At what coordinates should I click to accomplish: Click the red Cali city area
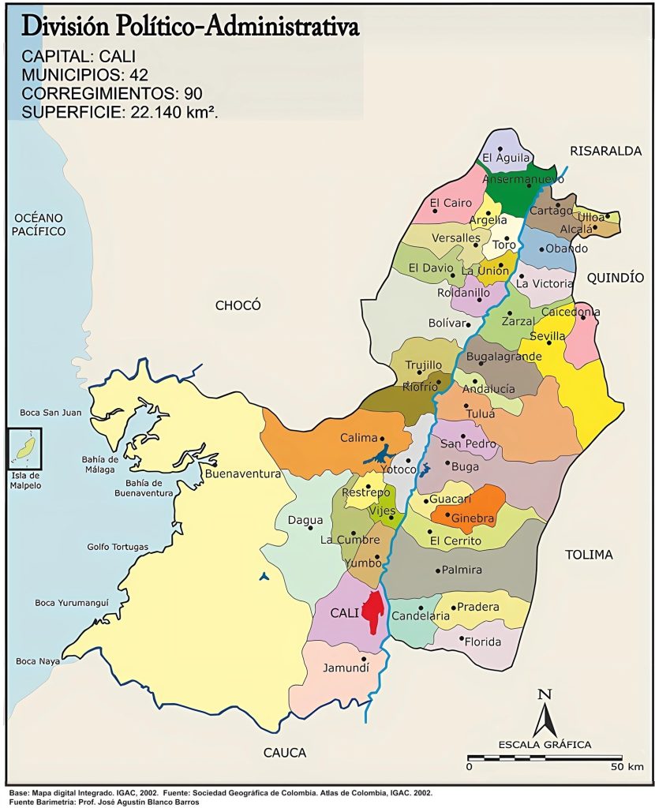pyautogui.click(x=373, y=612)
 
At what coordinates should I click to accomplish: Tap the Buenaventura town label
pyautogui.click(x=242, y=474)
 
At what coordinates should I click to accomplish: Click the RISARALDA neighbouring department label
pyautogui.click(x=606, y=151)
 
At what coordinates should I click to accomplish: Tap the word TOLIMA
pyautogui.click(x=588, y=555)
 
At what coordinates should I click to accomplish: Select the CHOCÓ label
pyautogui.click(x=238, y=305)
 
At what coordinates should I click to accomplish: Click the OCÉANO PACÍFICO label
pyautogui.click(x=39, y=224)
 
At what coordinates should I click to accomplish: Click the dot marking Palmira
pyautogui.click(x=438, y=570)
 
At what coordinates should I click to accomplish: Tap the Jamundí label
pyautogui.click(x=346, y=668)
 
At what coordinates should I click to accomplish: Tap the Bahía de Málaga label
pyautogui.click(x=99, y=465)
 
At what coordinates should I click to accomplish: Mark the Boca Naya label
pyautogui.click(x=37, y=661)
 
